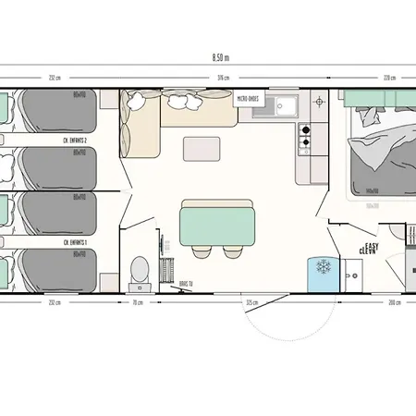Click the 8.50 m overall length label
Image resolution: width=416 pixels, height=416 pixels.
221,56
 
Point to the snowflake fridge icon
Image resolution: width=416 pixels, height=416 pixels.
324,268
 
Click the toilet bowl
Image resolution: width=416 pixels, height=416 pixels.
140,269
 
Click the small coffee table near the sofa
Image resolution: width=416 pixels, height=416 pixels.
200,148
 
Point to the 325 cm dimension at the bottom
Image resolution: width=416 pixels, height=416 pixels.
251,301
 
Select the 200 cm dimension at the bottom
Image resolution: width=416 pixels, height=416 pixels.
393,301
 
